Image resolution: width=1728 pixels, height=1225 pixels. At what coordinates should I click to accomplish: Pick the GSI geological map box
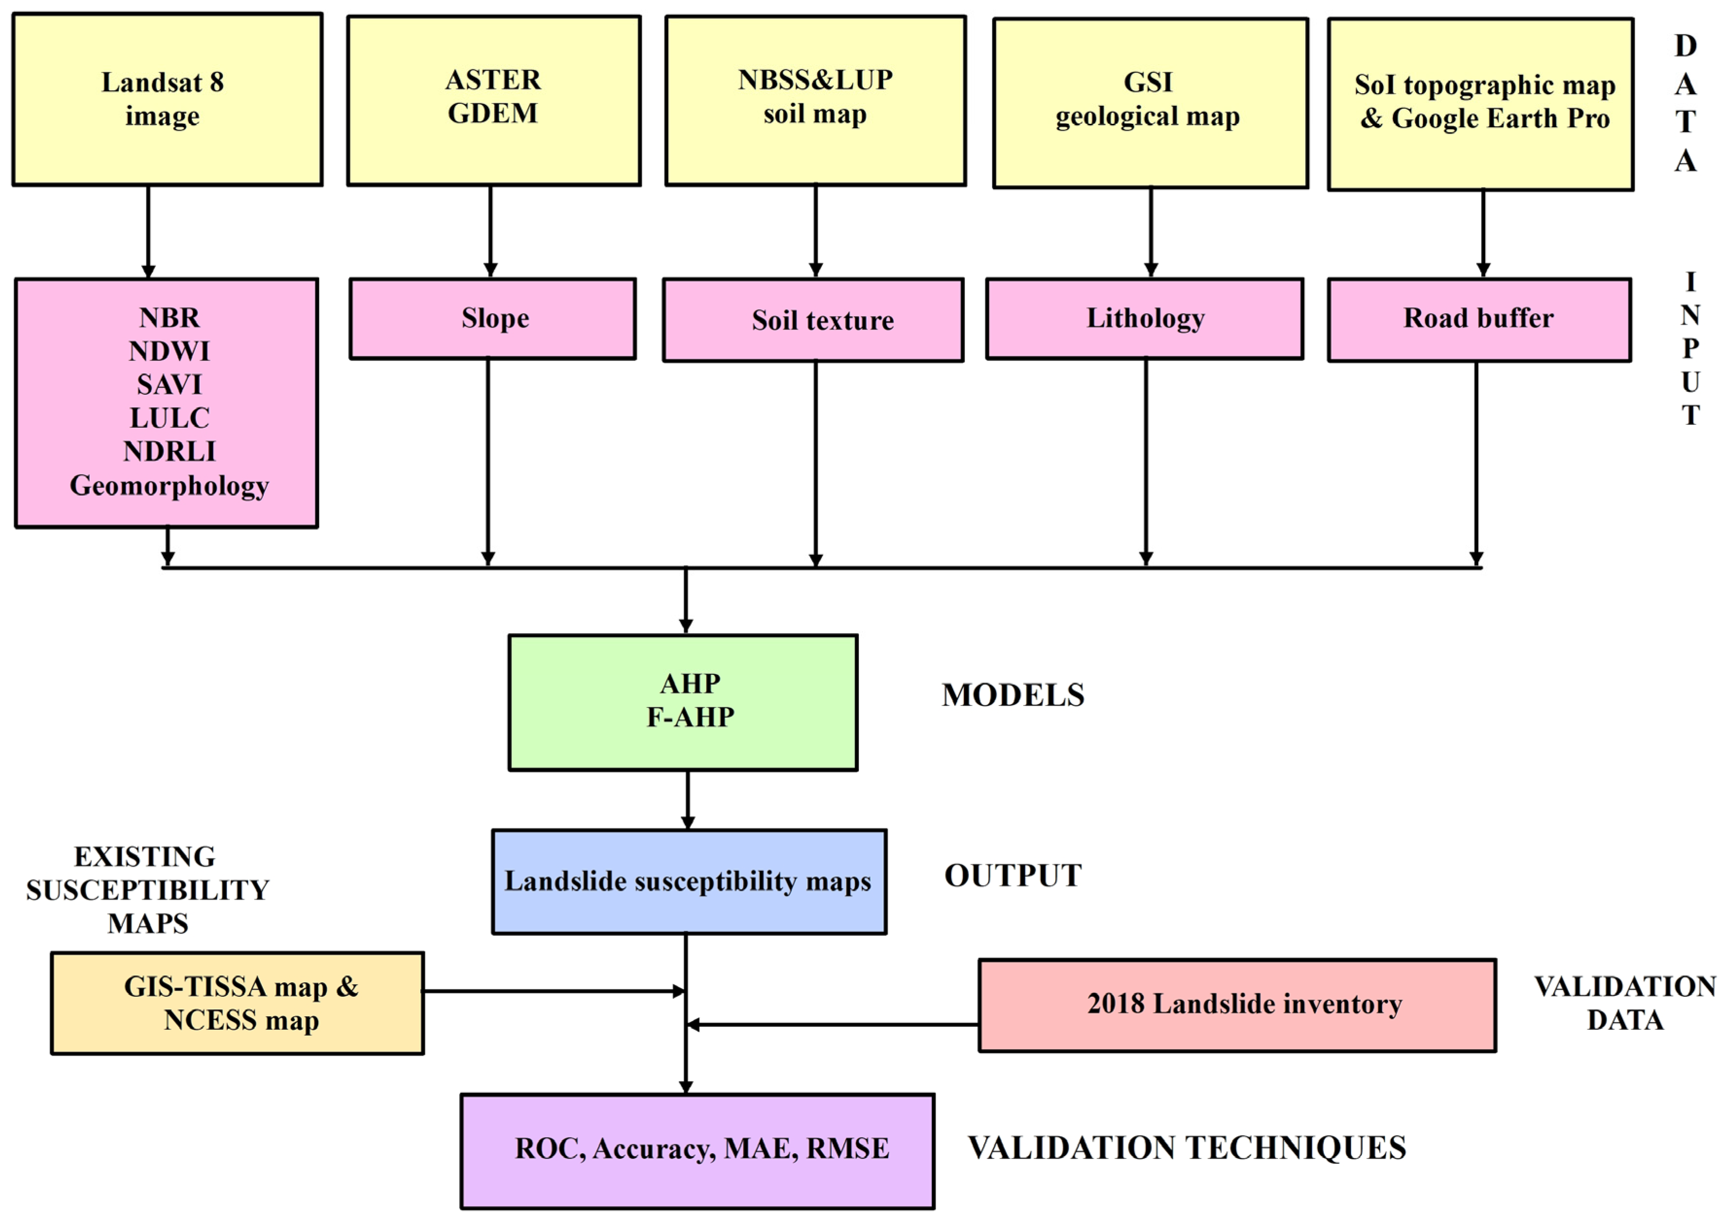[1149, 102]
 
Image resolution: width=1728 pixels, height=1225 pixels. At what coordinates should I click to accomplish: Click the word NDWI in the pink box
[169, 351]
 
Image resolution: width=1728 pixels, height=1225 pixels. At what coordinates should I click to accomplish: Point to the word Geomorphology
[169, 485]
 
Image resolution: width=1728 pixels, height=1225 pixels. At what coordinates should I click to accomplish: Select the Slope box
[493, 319]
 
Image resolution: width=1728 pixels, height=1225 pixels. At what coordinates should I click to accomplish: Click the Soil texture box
[813, 320]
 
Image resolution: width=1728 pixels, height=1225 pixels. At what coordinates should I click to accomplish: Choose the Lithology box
[1144, 319]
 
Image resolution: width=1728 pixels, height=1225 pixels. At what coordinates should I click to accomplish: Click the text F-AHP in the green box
[690, 717]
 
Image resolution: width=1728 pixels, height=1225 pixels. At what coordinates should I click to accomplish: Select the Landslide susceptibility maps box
[688, 881]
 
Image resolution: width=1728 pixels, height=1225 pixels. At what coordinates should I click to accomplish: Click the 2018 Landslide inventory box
[1236, 1005]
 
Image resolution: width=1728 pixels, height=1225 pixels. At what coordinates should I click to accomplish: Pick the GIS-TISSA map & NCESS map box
[238, 1003]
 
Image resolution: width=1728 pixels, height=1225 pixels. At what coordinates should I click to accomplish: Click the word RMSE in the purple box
[847, 1148]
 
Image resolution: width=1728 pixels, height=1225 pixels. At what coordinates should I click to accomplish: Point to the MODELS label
[1012, 695]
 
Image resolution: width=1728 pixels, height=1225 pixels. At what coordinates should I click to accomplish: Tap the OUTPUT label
[1012, 875]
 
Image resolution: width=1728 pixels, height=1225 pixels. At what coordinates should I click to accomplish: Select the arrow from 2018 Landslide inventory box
[830, 1024]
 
